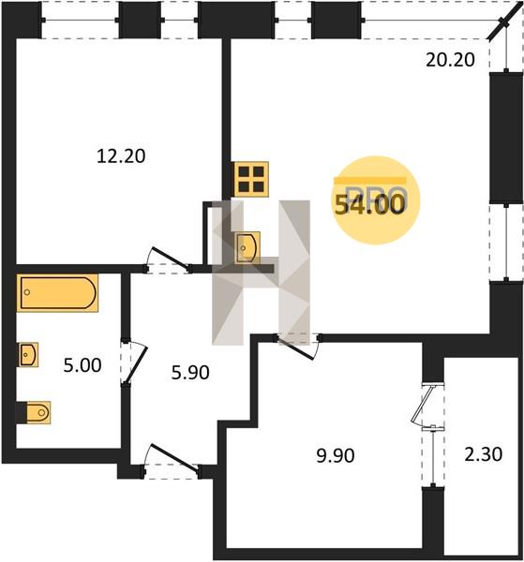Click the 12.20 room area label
[x=121, y=156]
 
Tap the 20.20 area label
[x=450, y=60]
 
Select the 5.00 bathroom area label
[x=82, y=365]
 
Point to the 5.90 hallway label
[x=190, y=373]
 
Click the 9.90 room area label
[x=336, y=456]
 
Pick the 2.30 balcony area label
[x=484, y=454]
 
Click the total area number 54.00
[x=369, y=205]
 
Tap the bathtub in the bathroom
[x=57, y=293]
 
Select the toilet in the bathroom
[x=34, y=412]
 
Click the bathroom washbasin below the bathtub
[x=28, y=354]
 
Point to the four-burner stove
[x=251, y=179]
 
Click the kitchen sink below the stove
[x=247, y=247]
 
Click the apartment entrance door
[x=172, y=461]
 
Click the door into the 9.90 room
[x=298, y=346]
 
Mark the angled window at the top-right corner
[x=504, y=22]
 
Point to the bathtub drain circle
[x=27, y=292]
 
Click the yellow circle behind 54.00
[x=375, y=200]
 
